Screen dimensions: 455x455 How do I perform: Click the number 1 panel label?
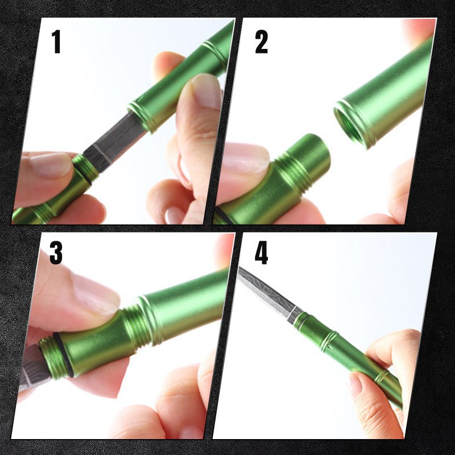click(56, 42)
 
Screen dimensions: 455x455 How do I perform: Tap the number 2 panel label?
click(261, 42)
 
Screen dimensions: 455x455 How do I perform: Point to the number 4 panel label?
click(261, 253)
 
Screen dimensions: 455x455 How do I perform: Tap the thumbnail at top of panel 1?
click(206, 90)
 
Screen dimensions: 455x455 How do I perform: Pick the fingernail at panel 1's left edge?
click(51, 165)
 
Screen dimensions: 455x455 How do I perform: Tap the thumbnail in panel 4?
click(356, 383)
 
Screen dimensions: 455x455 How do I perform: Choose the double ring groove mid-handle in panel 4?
click(329, 341)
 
